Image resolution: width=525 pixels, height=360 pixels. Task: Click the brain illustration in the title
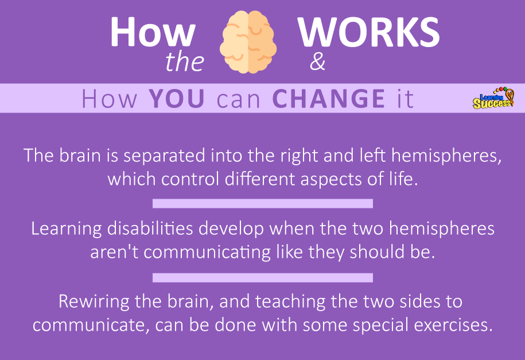pyautogui.click(x=248, y=42)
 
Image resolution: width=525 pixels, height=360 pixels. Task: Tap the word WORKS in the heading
pyautogui.click(x=368, y=32)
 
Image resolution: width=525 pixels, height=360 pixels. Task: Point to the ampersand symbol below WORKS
pyautogui.click(x=317, y=63)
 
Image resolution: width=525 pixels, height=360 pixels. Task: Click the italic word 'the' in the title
pyautogui.click(x=185, y=62)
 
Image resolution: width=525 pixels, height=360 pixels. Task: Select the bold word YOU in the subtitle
pyautogui.click(x=177, y=99)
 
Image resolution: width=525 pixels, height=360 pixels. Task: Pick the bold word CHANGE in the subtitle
pyautogui.click(x=329, y=99)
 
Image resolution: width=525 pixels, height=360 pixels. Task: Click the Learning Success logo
pyautogui.click(x=493, y=98)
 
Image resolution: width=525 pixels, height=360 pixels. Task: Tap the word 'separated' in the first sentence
pyautogui.click(x=165, y=156)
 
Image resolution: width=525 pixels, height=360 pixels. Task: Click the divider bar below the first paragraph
pyautogui.click(x=263, y=203)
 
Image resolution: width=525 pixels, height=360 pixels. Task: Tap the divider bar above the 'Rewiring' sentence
pyautogui.click(x=263, y=277)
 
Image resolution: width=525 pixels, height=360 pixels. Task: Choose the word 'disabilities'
pyautogui.click(x=150, y=229)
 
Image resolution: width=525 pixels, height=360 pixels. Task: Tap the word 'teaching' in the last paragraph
pyautogui.click(x=290, y=301)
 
